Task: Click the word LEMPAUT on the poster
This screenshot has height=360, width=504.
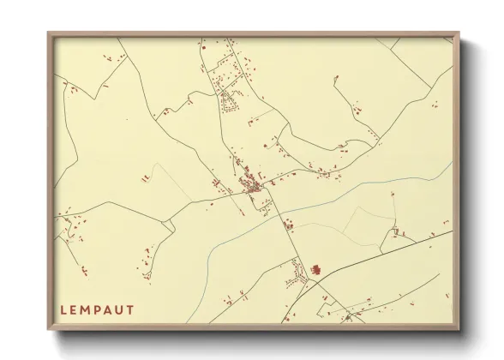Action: tap(97, 309)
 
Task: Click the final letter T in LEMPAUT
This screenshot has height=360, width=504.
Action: tap(130, 309)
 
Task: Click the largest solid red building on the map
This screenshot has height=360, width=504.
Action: tap(315, 270)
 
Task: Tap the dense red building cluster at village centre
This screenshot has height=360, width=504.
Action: tap(253, 184)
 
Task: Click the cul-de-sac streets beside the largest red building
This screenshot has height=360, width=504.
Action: tap(297, 274)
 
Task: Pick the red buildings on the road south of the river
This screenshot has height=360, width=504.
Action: tap(287, 225)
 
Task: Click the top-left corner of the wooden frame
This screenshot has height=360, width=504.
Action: tap(49, 33)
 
